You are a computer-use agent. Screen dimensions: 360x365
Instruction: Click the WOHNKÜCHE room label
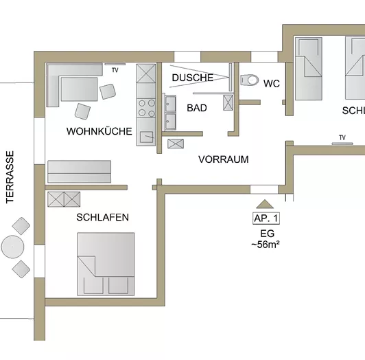click(x=99, y=131)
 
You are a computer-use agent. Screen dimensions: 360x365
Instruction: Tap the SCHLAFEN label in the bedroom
click(x=103, y=217)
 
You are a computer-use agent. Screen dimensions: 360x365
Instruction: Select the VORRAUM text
click(x=223, y=159)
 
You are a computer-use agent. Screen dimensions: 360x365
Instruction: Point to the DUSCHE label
click(x=193, y=78)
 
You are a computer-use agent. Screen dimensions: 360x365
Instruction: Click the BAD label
click(x=197, y=108)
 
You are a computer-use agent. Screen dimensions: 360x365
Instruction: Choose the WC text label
click(x=272, y=84)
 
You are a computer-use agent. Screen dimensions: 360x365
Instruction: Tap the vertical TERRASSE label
click(x=10, y=177)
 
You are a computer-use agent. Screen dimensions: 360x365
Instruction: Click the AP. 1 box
click(x=266, y=218)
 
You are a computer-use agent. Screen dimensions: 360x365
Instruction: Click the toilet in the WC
click(x=248, y=78)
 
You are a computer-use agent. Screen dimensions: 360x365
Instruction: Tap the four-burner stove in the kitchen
click(x=147, y=109)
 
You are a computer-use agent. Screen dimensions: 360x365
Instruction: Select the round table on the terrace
click(x=12, y=246)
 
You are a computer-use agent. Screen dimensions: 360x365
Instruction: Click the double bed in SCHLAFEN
click(x=106, y=264)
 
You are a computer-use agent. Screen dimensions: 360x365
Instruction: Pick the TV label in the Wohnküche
click(x=115, y=70)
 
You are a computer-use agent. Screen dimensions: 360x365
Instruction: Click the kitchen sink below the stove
click(x=146, y=136)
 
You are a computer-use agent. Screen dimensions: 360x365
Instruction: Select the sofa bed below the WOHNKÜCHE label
click(x=79, y=171)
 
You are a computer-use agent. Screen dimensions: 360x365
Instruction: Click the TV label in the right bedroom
click(x=341, y=137)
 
